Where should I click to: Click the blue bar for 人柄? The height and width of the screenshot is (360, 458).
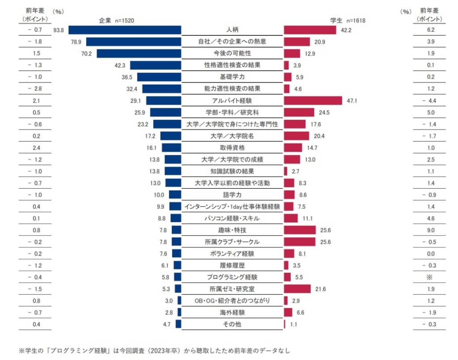[x=125, y=30]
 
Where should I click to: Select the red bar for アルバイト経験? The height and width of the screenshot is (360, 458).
[x=313, y=101]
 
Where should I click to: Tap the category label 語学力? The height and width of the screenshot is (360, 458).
[x=232, y=195]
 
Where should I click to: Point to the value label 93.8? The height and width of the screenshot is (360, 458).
[x=59, y=30]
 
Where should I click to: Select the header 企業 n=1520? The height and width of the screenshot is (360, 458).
[x=117, y=20]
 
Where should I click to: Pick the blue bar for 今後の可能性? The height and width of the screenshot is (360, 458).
[x=139, y=54]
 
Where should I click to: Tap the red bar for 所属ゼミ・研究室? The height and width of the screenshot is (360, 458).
[x=297, y=289]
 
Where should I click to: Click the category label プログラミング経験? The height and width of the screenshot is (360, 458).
[x=232, y=277]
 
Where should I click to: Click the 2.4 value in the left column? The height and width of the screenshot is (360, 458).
[x=36, y=148]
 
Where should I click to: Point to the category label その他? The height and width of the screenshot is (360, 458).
[x=232, y=324]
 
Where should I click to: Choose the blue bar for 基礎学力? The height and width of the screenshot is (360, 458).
[x=159, y=77]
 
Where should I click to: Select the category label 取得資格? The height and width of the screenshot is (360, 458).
[x=232, y=148]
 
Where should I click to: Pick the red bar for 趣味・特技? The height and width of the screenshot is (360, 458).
[x=300, y=230]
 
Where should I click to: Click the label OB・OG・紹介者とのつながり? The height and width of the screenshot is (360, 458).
[x=232, y=301]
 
